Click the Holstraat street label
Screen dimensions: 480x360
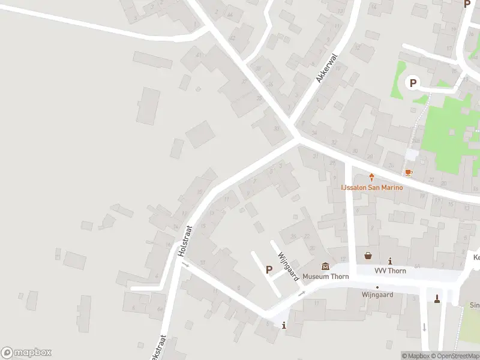[184, 242]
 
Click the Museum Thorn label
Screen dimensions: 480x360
[325, 277]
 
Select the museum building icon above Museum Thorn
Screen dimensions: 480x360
[325, 266]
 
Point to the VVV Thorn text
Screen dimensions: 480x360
[390, 271]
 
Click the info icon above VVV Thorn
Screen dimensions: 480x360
[391, 261]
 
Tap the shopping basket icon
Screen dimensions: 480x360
[368, 256]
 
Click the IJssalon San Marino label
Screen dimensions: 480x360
[372, 187]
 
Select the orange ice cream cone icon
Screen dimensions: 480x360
[372, 177]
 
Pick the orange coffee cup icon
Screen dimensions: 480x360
[409, 173]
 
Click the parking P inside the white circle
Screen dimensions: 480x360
[412, 83]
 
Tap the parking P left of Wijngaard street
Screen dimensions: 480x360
[269, 270]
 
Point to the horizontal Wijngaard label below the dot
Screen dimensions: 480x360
[377, 295]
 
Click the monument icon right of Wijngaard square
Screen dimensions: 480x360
[437, 298]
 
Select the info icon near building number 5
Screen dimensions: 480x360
[284, 326]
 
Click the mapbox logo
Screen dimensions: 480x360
[26, 353]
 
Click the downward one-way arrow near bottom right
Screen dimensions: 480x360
[424, 327]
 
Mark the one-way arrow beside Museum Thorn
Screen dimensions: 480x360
[302, 293]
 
